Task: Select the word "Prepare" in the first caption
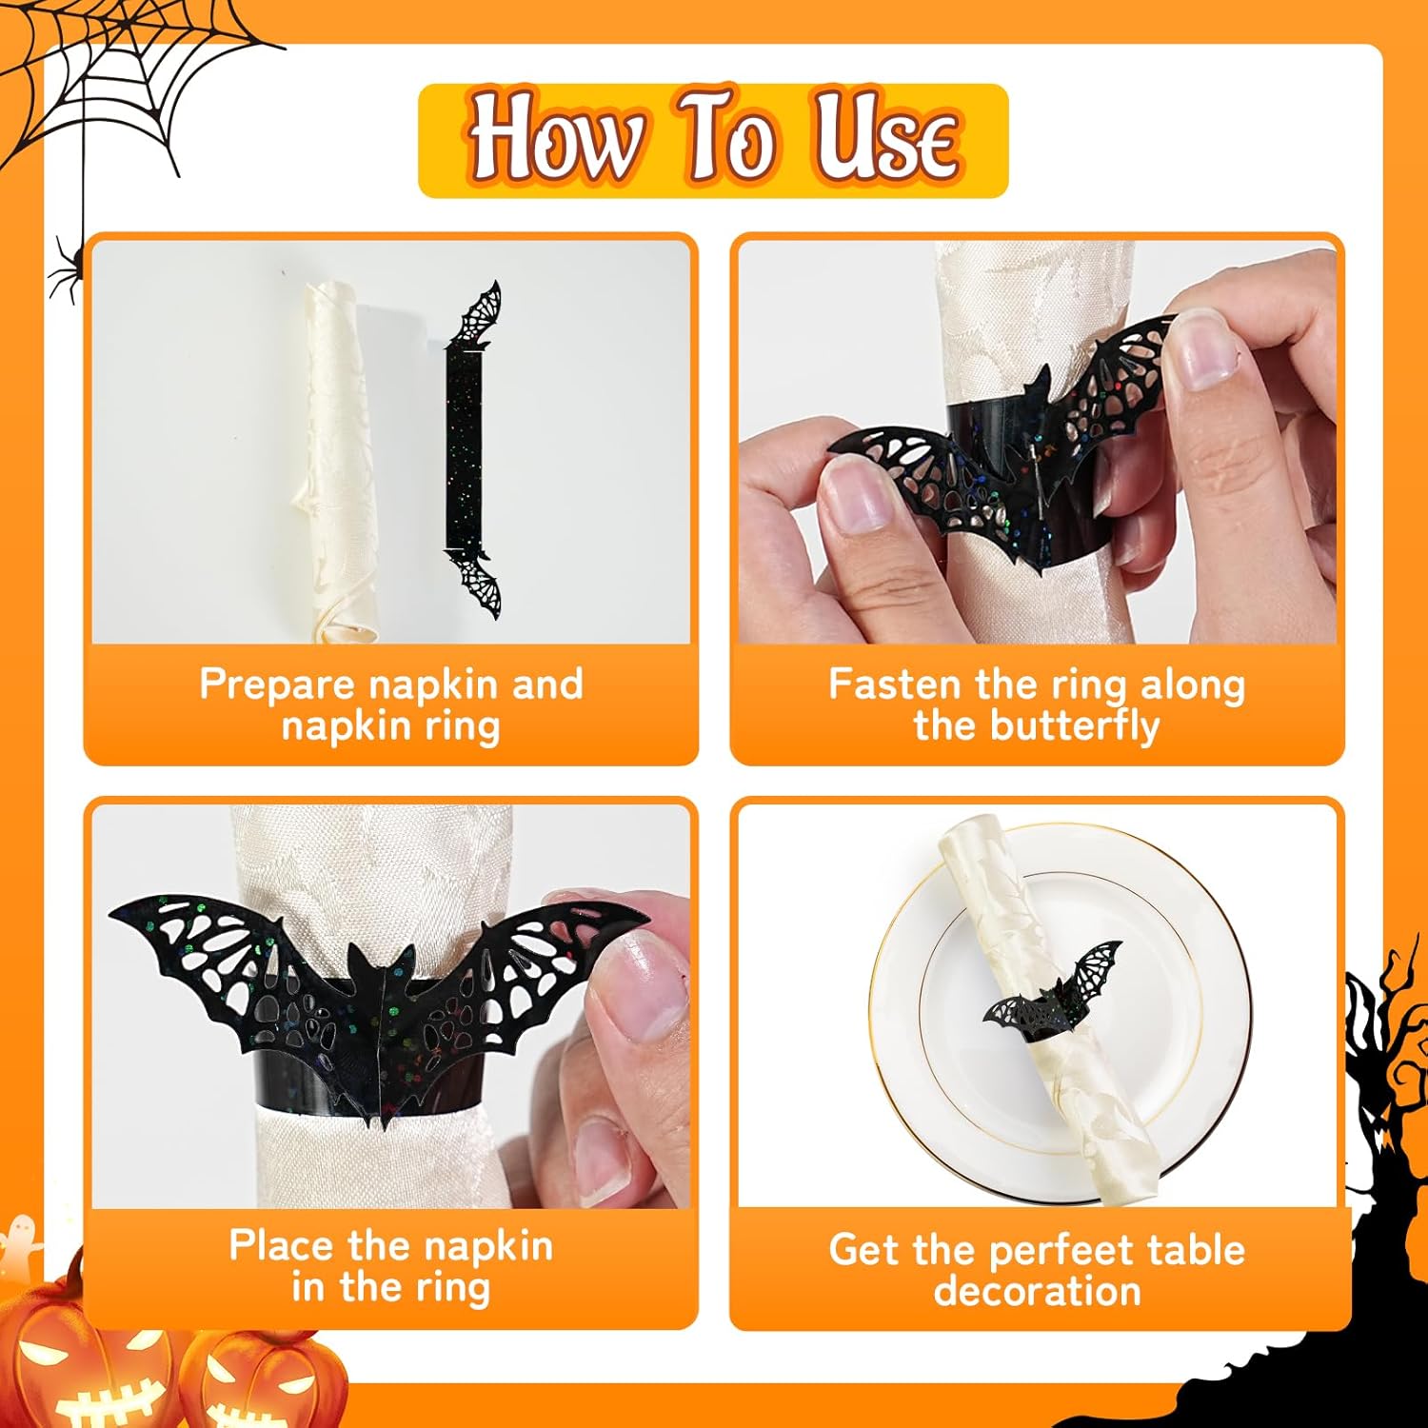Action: (278, 684)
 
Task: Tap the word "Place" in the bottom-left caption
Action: (282, 1245)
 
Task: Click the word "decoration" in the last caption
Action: (1037, 1291)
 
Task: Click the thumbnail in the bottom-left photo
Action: (637, 985)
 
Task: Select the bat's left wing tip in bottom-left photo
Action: (112, 914)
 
